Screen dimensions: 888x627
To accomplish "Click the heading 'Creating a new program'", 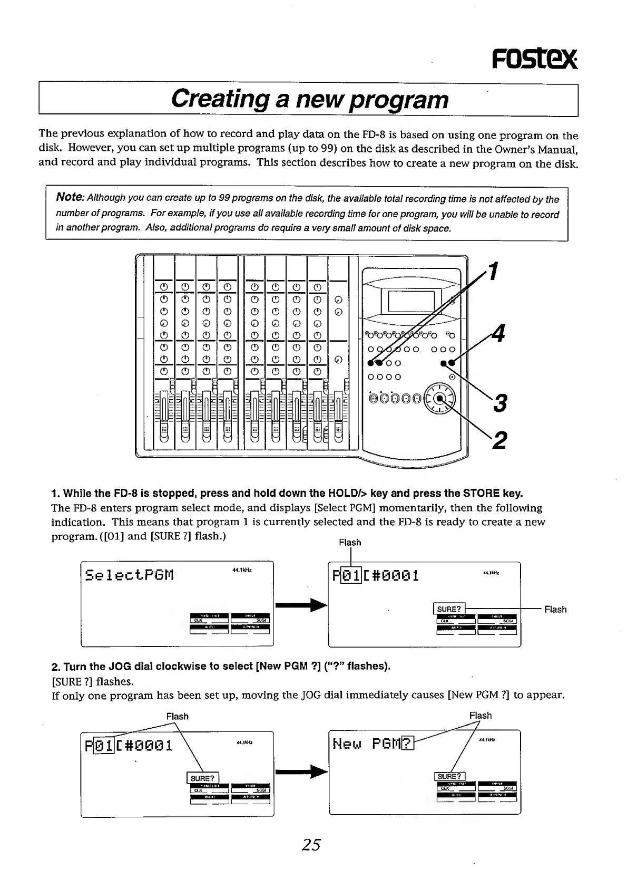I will point(310,99).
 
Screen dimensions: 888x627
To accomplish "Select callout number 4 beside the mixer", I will point(498,334).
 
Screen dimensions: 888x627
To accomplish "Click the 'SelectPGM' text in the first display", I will point(130,574).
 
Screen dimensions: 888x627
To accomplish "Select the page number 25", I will point(311,845).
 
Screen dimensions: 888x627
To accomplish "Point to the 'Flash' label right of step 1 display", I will point(555,610).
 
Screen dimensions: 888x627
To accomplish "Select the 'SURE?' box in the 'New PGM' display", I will point(449,776).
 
